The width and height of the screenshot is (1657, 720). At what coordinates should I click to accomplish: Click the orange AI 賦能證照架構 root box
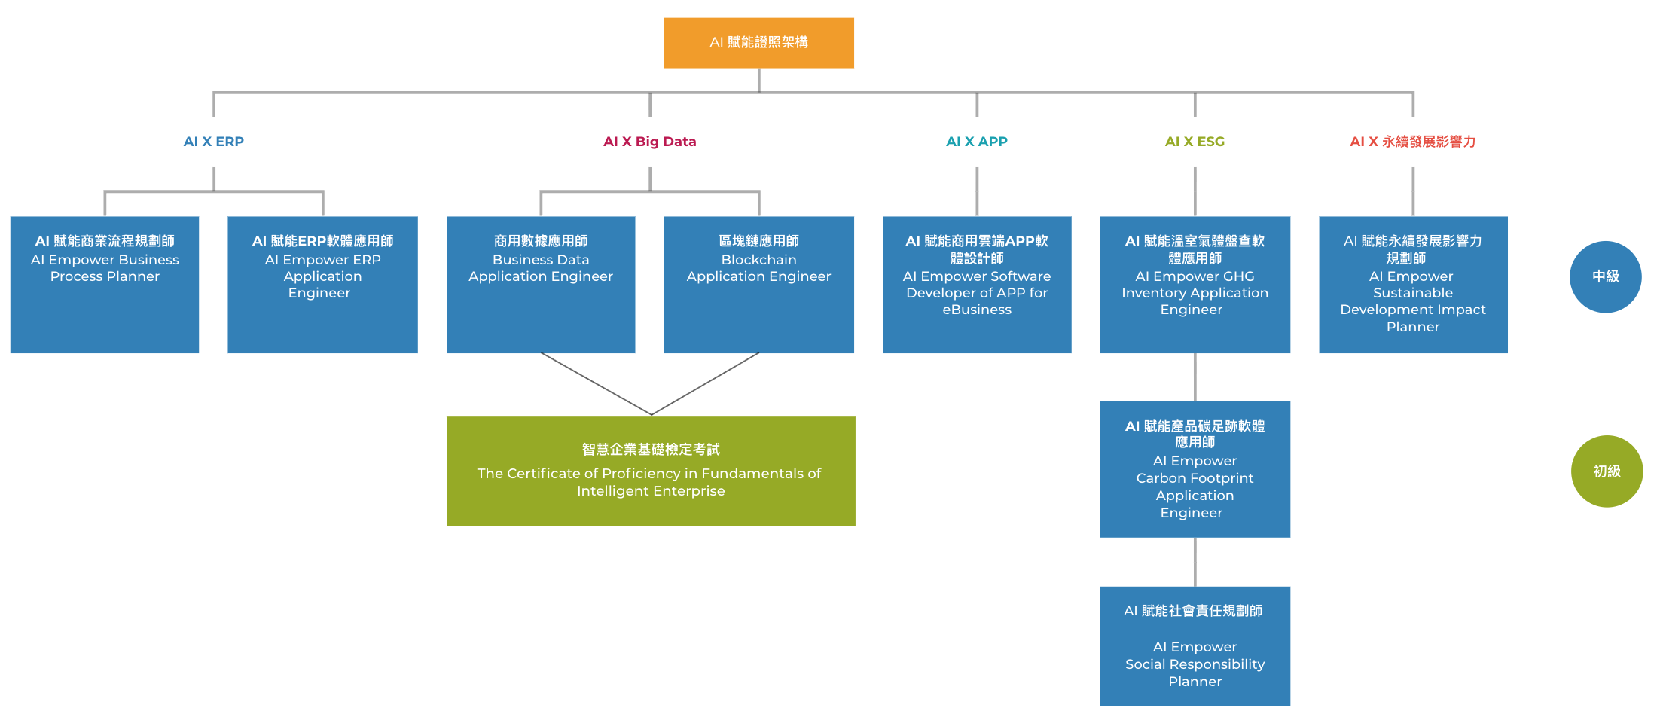(x=758, y=43)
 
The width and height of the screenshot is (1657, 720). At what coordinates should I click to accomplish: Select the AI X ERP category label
(x=213, y=142)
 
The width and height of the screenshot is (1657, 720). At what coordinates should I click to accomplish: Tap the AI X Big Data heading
(x=649, y=142)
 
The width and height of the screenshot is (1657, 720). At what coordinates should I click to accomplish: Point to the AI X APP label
(x=976, y=142)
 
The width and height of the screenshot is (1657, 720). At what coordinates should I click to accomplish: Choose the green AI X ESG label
(x=1195, y=142)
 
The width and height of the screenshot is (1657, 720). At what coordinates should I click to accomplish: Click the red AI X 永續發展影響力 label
(x=1412, y=142)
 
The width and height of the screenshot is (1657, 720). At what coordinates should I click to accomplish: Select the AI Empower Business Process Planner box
(x=105, y=285)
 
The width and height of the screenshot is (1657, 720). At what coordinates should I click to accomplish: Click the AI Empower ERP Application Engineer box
(x=322, y=285)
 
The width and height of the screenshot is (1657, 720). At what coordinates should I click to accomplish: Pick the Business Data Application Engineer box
(x=541, y=285)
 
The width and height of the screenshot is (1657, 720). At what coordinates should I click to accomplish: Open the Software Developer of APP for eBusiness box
(x=977, y=285)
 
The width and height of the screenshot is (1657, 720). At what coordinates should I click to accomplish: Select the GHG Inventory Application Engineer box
(x=1195, y=285)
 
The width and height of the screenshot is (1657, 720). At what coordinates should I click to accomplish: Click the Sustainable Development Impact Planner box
(x=1413, y=285)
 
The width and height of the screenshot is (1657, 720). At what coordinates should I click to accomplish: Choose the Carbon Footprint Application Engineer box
(x=1195, y=468)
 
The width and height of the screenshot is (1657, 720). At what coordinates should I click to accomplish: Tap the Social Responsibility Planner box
(x=1195, y=645)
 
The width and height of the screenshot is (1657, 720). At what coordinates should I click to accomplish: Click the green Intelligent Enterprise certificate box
(x=651, y=471)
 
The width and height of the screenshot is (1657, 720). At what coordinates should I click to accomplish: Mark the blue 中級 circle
(x=1605, y=276)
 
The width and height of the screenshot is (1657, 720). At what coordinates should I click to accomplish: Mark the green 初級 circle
(x=1607, y=471)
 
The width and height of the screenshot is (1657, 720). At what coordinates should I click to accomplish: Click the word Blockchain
(x=758, y=260)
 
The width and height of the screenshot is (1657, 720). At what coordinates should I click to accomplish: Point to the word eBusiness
(x=977, y=310)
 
